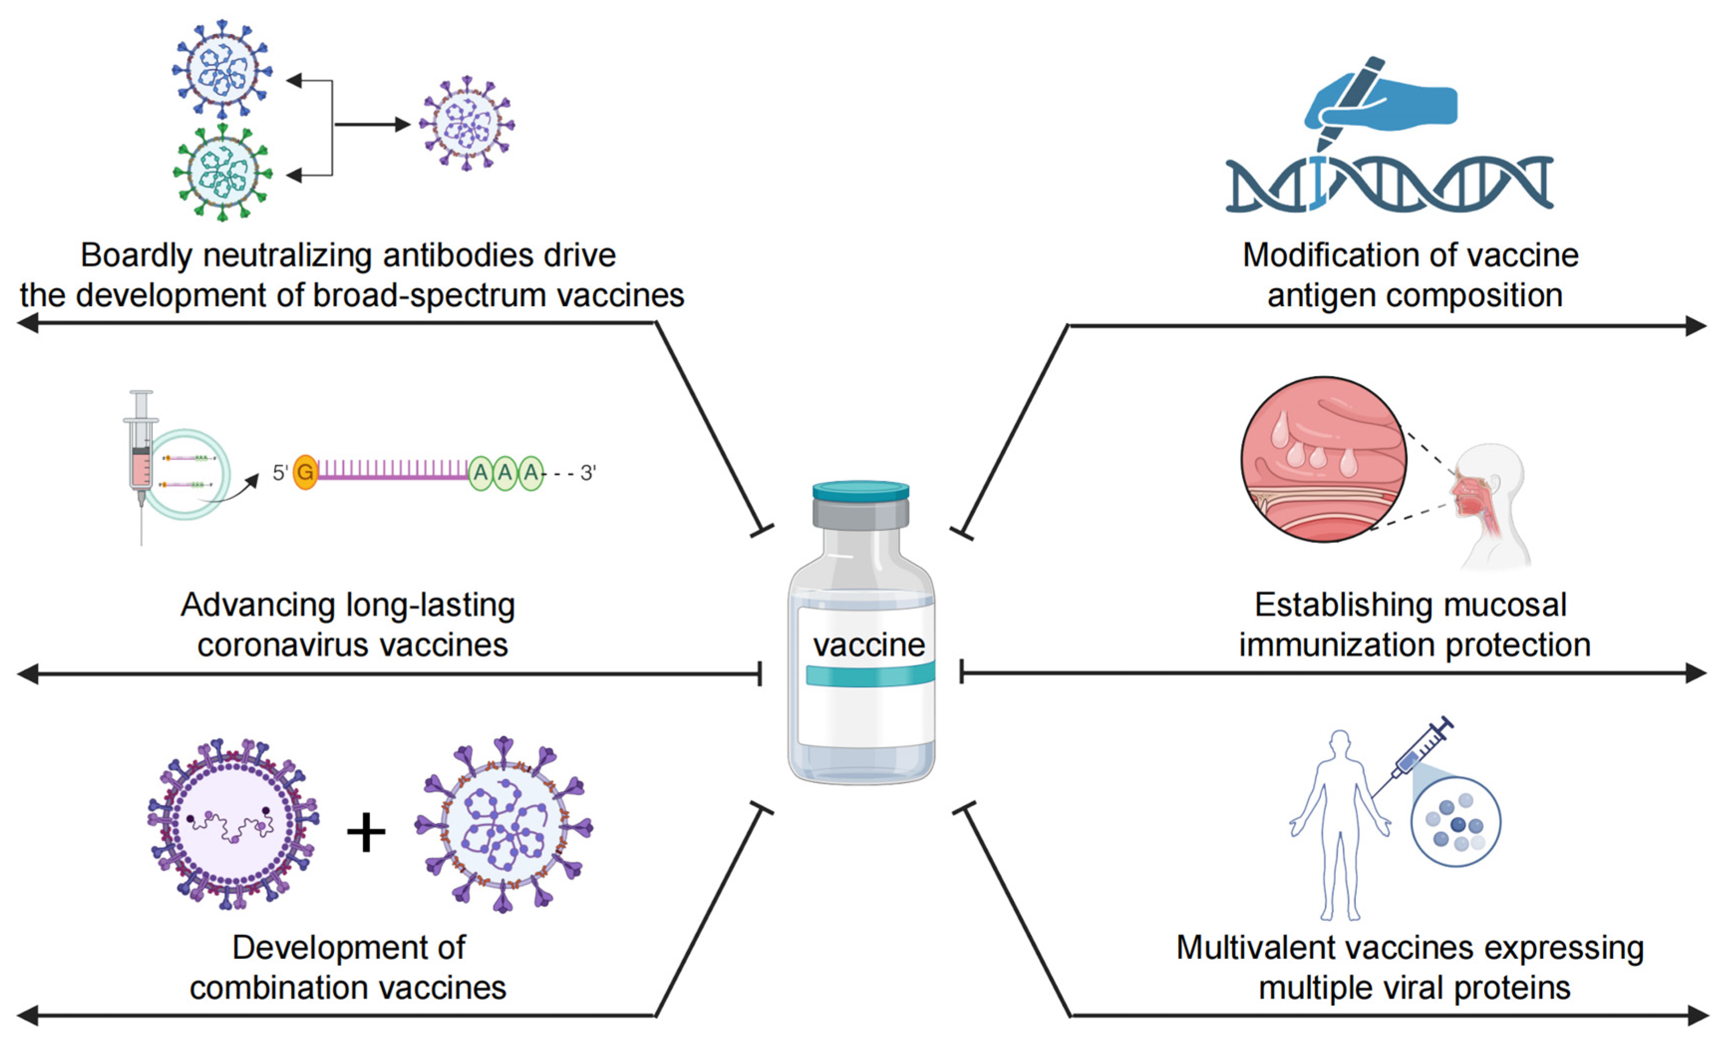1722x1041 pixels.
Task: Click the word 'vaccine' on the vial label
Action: coord(868,644)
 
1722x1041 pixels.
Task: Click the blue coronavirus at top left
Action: coord(222,69)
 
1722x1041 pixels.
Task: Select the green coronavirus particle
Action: coord(222,172)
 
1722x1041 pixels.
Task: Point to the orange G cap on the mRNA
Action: coord(305,472)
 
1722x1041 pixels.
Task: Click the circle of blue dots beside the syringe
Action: coord(1456,822)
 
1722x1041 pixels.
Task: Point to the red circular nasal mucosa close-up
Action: coord(1323,460)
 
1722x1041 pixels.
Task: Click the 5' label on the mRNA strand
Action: coord(280,473)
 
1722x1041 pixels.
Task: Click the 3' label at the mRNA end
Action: coord(588,473)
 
